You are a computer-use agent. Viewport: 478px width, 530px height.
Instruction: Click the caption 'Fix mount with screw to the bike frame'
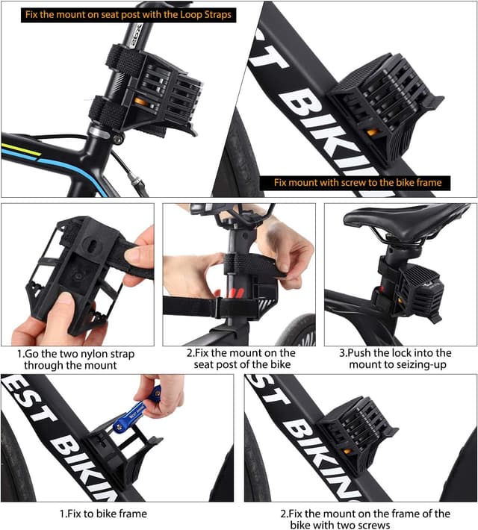358,182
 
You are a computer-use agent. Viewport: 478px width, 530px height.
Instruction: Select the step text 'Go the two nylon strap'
75,353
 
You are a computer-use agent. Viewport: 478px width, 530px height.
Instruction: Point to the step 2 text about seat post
240,358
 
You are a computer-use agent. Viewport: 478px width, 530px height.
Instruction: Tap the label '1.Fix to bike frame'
103,514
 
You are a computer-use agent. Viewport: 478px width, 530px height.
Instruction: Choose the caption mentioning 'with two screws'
365,519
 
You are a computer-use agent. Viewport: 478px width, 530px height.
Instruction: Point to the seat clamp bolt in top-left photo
117,138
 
